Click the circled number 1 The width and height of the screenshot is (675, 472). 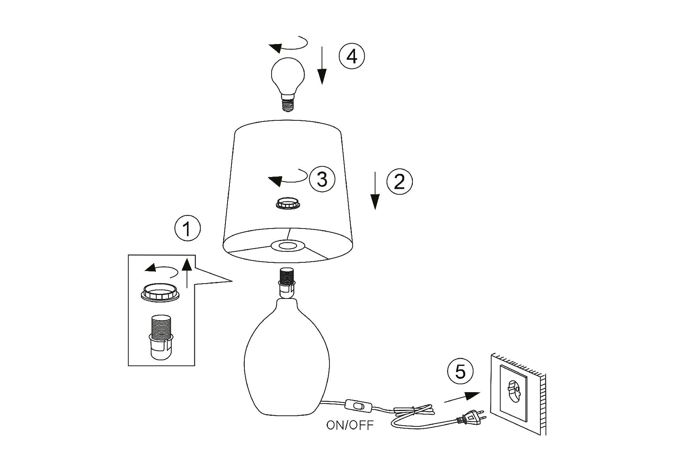click(x=187, y=229)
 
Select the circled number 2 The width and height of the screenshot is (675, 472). click(x=399, y=182)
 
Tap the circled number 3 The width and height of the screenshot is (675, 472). click(x=322, y=179)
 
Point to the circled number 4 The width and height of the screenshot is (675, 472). click(x=352, y=56)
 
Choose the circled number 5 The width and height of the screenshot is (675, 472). click(x=460, y=371)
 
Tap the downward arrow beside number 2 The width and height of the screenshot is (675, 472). click(x=375, y=190)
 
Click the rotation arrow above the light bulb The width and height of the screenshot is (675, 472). click(x=288, y=45)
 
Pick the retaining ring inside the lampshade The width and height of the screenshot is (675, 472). click(x=288, y=204)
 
